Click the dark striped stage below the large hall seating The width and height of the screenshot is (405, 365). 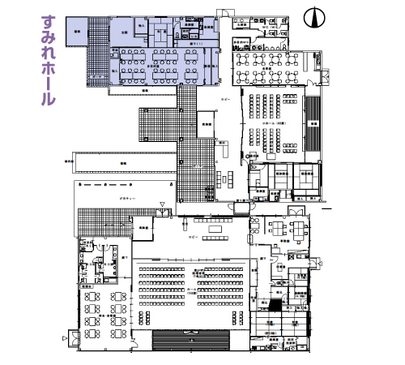[x=191, y=337]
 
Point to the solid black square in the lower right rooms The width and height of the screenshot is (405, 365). [x=275, y=306]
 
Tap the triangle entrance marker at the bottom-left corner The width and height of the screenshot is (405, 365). [x=63, y=335]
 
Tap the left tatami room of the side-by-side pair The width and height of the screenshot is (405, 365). [x=281, y=176]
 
